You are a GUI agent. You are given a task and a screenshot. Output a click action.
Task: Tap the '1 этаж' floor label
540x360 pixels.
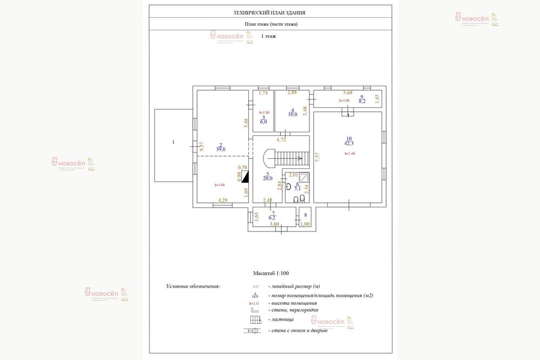[268, 36]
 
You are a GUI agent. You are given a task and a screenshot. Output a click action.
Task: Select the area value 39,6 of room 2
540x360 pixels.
[221, 148]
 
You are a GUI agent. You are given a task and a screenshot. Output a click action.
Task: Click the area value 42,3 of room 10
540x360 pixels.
[349, 143]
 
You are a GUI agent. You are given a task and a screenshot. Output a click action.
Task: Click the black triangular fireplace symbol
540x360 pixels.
[245, 176]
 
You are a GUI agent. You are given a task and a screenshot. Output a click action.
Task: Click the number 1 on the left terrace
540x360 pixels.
[173, 142]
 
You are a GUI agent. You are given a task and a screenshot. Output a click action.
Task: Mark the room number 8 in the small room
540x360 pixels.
[306, 215]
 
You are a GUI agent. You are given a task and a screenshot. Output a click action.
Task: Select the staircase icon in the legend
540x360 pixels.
[254, 320]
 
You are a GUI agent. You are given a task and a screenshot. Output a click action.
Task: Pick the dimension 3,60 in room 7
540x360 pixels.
[274, 224]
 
